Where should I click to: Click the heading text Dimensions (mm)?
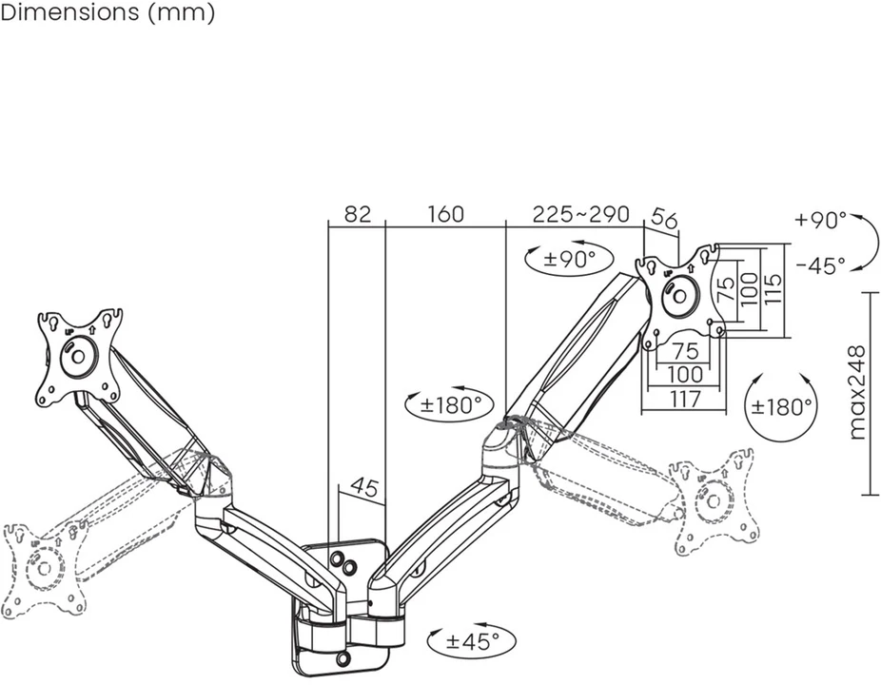pos(108,12)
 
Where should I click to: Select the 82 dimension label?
pos(358,214)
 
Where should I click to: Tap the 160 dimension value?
pos(445,214)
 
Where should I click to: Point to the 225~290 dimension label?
pos(581,214)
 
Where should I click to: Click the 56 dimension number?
pos(664,219)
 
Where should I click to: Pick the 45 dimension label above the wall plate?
pos(364,488)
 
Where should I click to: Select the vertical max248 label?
pos(856,393)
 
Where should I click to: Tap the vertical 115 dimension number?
pos(773,289)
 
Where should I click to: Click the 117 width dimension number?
pos(685,399)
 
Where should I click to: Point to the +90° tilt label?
pos(820,220)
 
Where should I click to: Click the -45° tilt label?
pos(820,264)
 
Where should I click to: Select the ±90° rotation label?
pos(569,259)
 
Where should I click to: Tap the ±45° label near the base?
pos(473,640)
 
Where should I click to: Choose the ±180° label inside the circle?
pos(781,405)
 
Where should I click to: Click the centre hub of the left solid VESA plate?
pos(78,356)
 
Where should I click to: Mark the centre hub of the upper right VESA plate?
pos(679,295)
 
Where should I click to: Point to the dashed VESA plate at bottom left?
pos(45,569)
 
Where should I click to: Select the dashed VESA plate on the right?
pos(714,500)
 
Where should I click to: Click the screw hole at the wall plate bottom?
pos(343,656)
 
